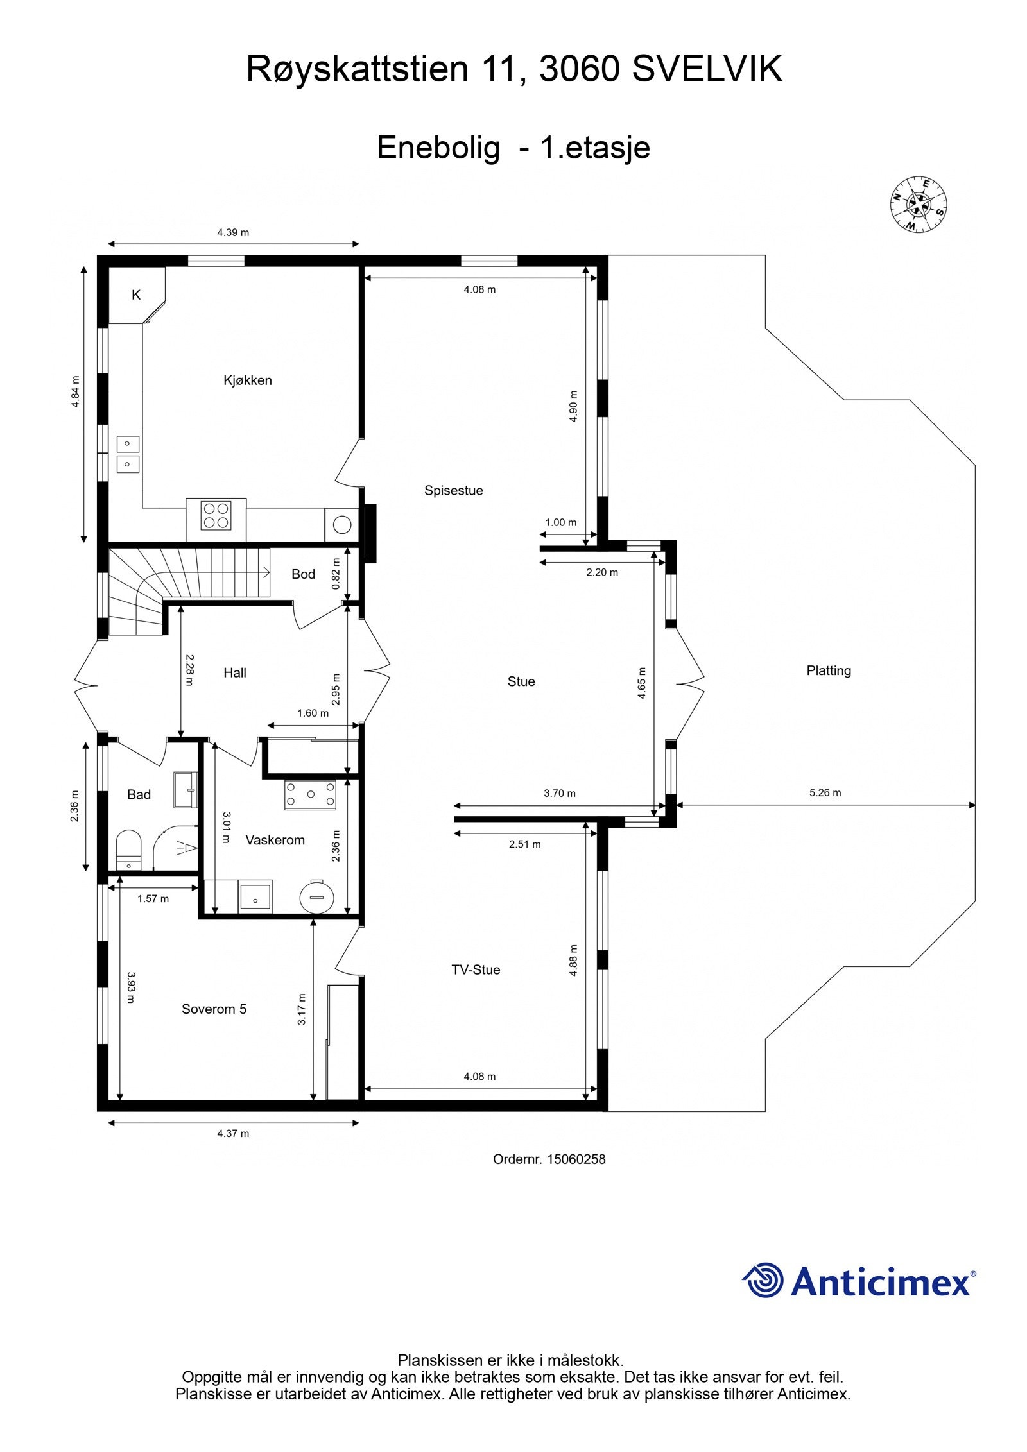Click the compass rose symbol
coord(919,204)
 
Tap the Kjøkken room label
coord(247,380)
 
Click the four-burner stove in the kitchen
coord(216,516)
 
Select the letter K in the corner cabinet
coord(136,295)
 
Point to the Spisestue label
coord(453,491)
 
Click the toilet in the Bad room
coord(128,850)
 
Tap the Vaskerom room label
coord(275,841)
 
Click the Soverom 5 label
coord(214,1009)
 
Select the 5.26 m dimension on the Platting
coord(825,793)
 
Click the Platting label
coord(829,671)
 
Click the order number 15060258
coord(576,1159)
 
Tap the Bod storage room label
coord(303,574)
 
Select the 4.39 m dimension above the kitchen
coord(233,233)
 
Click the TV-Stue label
coord(476,970)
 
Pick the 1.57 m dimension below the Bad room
coord(153,899)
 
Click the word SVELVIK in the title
coord(707,69)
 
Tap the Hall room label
coord(235,673)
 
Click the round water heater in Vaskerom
coord(317,896)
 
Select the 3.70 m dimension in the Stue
coord(560,794)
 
